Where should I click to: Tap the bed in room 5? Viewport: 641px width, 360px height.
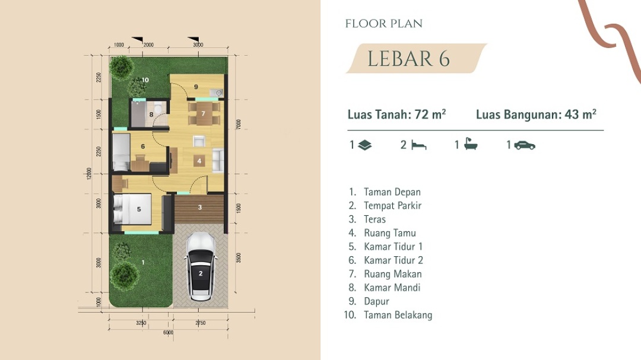[x=132, y=209]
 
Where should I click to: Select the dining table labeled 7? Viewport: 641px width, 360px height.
[x=203, y=113]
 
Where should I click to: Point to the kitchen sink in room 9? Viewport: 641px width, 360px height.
[x=216, y=93]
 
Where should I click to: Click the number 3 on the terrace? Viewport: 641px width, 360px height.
[x=200, y=207]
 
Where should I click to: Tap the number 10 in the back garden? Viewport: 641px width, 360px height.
[x=145, y=79]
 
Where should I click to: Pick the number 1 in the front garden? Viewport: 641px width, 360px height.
[x=143, y=262]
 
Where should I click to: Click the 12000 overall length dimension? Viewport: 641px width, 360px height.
[x=89, y=173]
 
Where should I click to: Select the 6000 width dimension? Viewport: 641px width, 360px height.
[x=168, y=332]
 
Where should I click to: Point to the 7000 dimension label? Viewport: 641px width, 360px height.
[x=239, y=124]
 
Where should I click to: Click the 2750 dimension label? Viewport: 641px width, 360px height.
[x=201, y=323]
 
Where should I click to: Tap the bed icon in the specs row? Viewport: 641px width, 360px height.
[x=418, y=145]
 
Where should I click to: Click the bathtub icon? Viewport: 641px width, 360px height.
[x=471, y=144]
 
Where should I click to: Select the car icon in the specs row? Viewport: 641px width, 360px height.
[x=525, y=145]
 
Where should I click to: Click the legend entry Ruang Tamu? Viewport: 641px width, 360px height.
[x=389, y=233]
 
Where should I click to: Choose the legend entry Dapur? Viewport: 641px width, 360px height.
[x=376, y=301]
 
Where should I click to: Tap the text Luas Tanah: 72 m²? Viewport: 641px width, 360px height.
[x=396, y=114]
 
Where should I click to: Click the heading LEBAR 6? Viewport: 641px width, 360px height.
[x=408, y=59]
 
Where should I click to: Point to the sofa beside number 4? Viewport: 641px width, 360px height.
[x=218, y=161]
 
